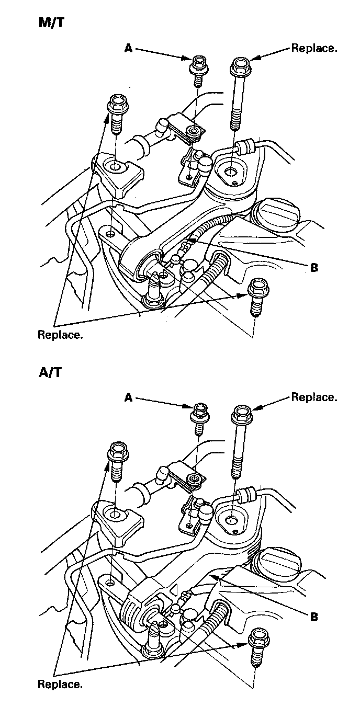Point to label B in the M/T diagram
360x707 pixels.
pyautogui.click(x=314, y=268)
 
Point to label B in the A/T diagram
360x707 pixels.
pyautogui.click(x=314, y=617)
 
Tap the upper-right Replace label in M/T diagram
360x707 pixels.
pyautogui.click(x=314, y=49)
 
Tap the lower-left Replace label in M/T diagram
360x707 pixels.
pyautogui.click(x=60, y=335)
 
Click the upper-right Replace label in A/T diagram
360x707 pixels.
pyautogui.click(x=314, y=397)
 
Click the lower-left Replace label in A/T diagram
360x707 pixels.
pyautogui.click(x=60, y=684)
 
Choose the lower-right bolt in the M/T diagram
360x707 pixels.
pyautogui.click(x=256, y=295)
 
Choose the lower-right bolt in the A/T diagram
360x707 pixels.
pyautogui.click(x=256, y=644)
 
